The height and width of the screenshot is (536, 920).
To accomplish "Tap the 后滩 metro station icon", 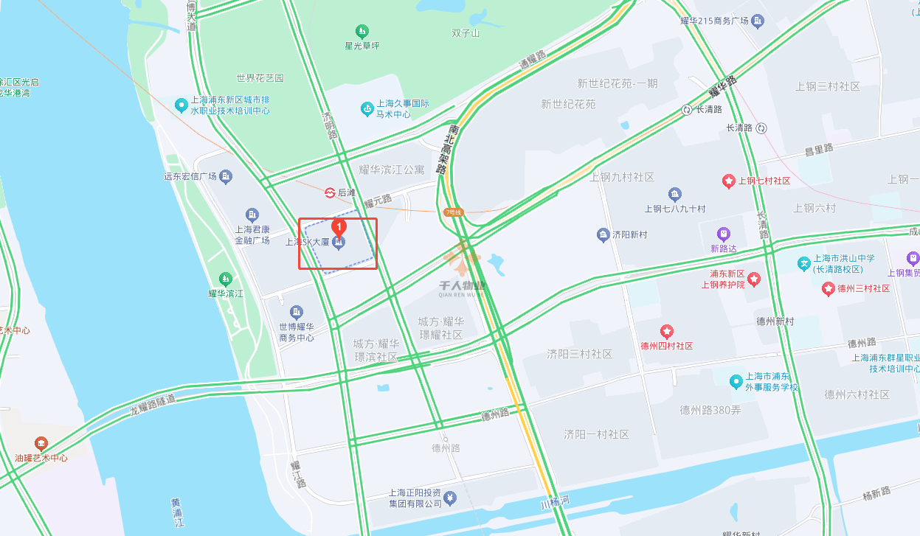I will pos(330,192).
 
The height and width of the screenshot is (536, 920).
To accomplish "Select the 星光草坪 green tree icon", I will pos(362,32).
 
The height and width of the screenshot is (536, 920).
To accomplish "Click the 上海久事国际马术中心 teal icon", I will pos(366,109).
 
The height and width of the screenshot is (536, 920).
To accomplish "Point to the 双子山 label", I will pos(466,33).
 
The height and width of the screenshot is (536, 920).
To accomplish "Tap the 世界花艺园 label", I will pos(260,77).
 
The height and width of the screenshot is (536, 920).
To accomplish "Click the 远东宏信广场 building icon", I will pos(226,176).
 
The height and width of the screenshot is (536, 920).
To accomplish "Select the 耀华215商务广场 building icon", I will pos(758,21).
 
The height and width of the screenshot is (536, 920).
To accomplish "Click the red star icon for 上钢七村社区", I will pos(728,181).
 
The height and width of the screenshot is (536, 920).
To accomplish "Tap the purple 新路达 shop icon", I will pos(723,234).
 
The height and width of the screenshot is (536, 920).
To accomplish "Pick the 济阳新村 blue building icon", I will pos(603,235).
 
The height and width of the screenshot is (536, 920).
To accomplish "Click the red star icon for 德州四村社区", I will pos(667,331).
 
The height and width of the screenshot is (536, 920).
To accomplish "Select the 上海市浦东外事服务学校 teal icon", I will pos(736,381).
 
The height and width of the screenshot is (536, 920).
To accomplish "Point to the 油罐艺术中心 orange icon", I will pos(41,444).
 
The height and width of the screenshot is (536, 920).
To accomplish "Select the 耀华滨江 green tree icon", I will pos(225,279).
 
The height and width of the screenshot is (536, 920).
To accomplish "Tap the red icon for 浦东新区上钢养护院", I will pos(754,279).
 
